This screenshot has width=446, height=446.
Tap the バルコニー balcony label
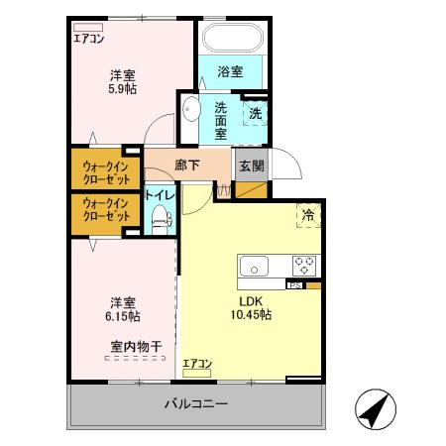point(195,404)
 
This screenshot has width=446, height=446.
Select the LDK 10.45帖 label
point(252,307)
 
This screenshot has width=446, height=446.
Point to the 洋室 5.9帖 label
point(123,81)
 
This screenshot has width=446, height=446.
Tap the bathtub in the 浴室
point(232,40)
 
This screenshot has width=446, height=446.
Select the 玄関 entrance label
point(251,166)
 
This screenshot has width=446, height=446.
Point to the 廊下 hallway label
point(188,166)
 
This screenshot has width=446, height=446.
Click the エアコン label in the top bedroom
point(90,40)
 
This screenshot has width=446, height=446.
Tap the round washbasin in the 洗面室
point(192,110)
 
